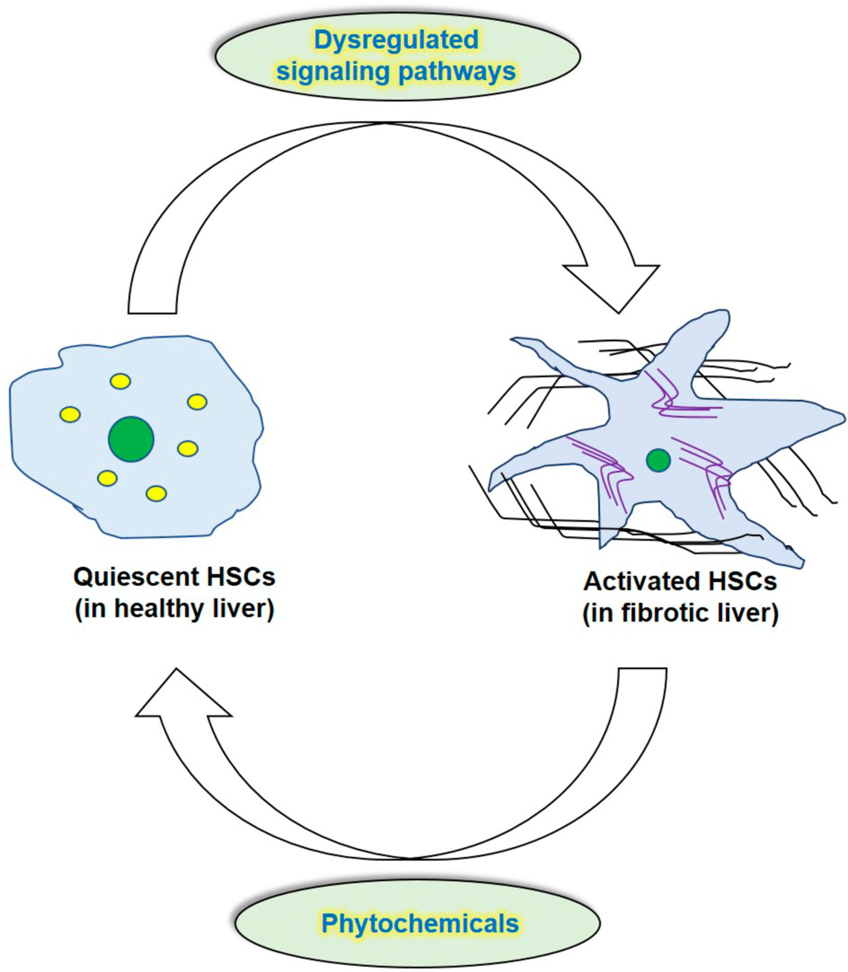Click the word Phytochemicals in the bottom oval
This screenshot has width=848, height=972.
pyautogui.click(x=420, y=923)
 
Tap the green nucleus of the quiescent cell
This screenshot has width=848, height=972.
pyautogui.click(x=131, y=439)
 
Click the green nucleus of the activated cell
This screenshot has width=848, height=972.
pyautogui.click(x=658, y=460)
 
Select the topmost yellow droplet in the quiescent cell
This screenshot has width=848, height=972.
pyautogui.click(x=120, y=381)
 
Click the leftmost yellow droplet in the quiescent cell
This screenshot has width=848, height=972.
pyautogui.click(x=70, y=414)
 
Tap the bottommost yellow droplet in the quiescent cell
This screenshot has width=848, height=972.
pyautogui.click(x=156, y=493)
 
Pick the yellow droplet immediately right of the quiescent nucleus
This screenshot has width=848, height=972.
pyautogui.click(x=187, y=448)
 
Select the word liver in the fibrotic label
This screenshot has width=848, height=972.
pyautogui.click(x=753, y=613)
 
